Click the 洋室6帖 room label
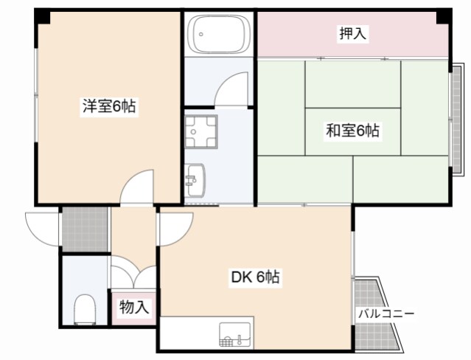tap(108, 106)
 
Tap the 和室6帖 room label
tap(353, 131)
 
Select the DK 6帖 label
tap(255, 278)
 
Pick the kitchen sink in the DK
tap(235, 336)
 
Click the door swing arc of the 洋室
tap(136, 187)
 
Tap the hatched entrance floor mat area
tap(84, 229)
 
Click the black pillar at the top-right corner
tap(444, 16)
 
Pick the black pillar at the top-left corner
tap(43, 15)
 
